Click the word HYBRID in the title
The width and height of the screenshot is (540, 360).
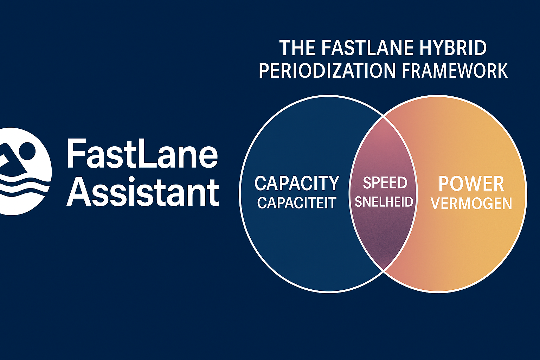click(x=453, y=48)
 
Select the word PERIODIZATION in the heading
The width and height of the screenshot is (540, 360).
click(x=327, y=70)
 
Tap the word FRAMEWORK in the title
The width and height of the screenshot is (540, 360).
click(x=455, y=70)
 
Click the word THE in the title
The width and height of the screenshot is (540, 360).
click(x=297, y=48)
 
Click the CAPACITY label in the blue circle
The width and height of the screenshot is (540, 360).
click(x=297, y=183)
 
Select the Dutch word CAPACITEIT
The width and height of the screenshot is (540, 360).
click(x=297, y=203)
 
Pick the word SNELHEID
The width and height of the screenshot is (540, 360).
click(x=384, y=202)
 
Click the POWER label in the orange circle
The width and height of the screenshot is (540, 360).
click(x=471, y=184)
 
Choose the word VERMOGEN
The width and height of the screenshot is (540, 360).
click(x=471, y=204)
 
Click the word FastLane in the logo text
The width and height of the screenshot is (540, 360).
click(x=142, y=153)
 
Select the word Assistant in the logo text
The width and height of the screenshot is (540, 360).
click(x=143, y=192)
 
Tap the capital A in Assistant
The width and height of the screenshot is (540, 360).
click(x=79, y=192)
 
